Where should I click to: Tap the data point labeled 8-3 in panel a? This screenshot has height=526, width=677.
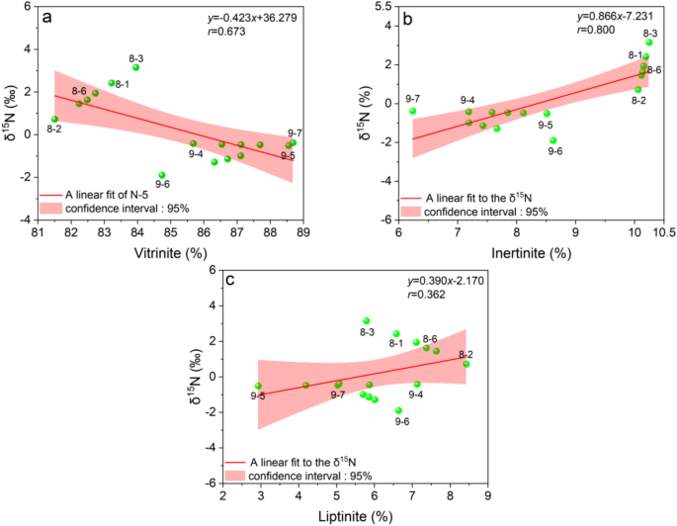tap(136, 67)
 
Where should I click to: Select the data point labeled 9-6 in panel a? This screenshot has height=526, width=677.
tap(162, 175)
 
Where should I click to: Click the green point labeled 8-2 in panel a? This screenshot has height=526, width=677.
tap(55, 120)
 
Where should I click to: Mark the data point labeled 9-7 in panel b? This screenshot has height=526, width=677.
tap(413, 112)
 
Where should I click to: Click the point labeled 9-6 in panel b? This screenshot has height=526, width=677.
tap(553, 140)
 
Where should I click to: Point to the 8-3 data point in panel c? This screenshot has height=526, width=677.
tap(367, 321)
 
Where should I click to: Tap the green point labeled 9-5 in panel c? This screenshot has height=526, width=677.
tap(258, 387)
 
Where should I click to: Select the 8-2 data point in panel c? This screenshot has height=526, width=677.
tap(466, 364)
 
